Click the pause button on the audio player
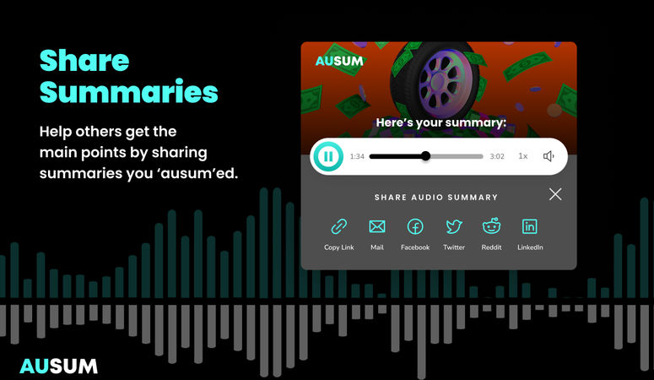coord(327,156)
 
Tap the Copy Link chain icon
coord(338,226)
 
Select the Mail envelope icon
coord(377,226)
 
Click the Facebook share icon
coord(415,226)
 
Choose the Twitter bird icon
coord(454,226)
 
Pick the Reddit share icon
coord(491,226)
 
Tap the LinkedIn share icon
coord(529,226)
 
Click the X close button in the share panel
coord(555,194)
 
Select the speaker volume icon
coord(549,156)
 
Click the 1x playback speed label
coord(523,156)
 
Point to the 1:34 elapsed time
coord(357,156)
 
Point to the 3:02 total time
coord(497,156)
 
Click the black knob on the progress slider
coord(425,156)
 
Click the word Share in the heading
coord(84,61)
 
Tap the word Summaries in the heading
coord(128,91)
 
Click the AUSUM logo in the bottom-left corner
coord(58,366)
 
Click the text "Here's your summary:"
coord(441,123)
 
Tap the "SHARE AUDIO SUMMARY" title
coord(436,198)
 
